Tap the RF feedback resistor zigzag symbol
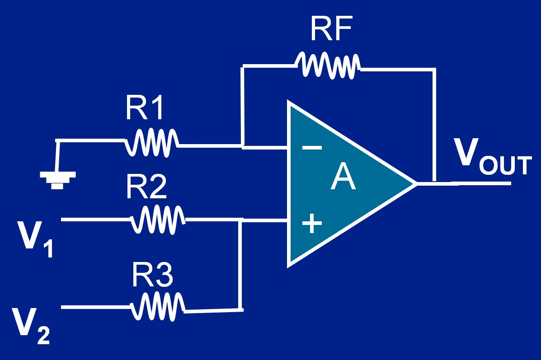tap(328, 65)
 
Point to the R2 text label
tap(146, 187)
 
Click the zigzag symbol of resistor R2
tap(158, 220)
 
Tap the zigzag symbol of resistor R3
tap(158, 307)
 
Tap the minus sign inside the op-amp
tap(311, 147)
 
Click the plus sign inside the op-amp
tap(311, 223)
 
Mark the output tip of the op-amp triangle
tap(415, 183)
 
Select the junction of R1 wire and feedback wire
tap(243, 146)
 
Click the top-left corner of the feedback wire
tap(244, 66)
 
